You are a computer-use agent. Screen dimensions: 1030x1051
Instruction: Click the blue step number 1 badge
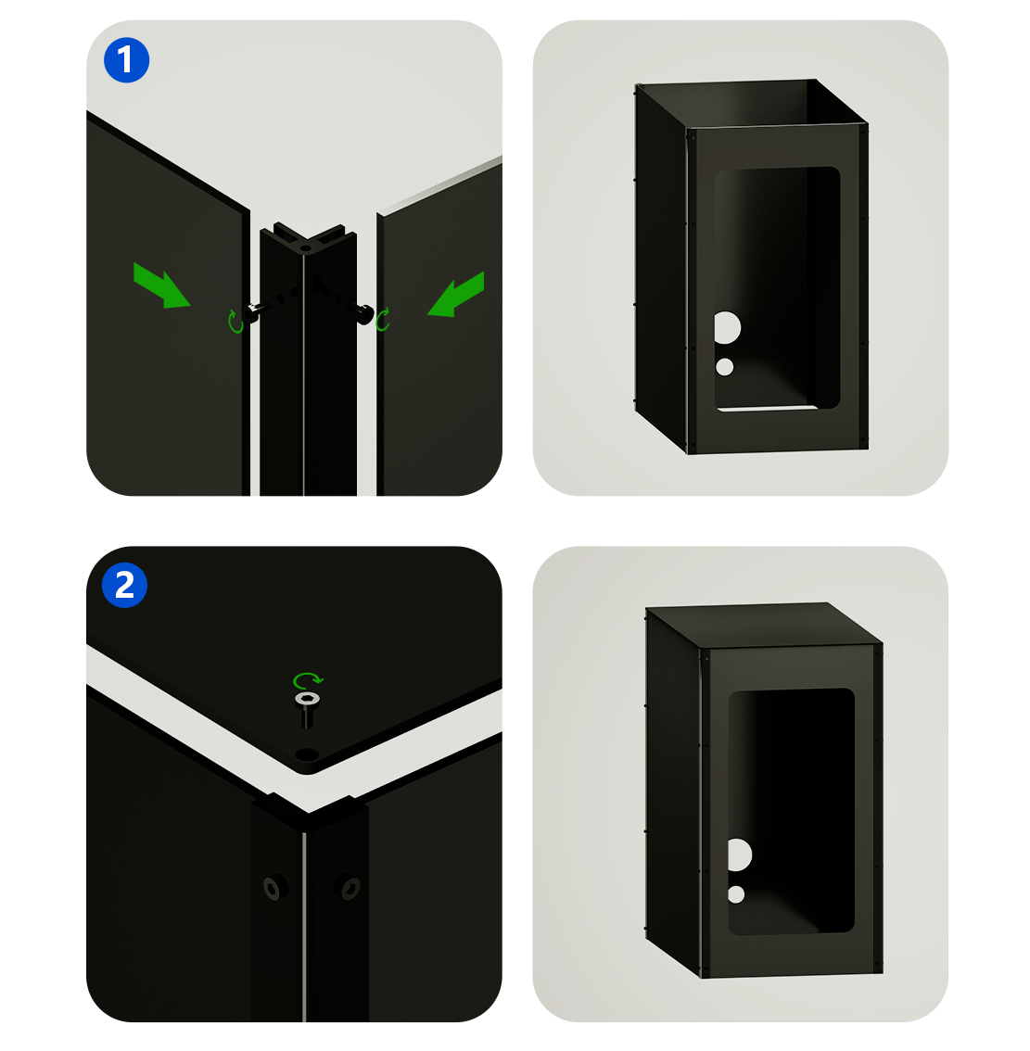tap(126, 60)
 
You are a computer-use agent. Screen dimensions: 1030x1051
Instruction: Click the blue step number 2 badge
tap(125, 585)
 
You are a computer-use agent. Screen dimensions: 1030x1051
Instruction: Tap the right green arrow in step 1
tap(457, 294)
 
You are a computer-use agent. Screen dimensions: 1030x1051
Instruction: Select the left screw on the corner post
tap(257, 311)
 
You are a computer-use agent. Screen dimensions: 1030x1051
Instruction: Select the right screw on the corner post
tap(361, 311)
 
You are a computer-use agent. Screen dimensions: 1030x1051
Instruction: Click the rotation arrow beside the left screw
tap(235, 322)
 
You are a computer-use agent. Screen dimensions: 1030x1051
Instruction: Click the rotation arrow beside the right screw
tap(383, 320)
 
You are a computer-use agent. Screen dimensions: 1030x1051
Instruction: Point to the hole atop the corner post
tap(305, 248)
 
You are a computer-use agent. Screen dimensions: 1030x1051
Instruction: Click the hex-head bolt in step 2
tap(307, 710)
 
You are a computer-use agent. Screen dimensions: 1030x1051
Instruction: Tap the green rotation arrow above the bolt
tap(309, 680)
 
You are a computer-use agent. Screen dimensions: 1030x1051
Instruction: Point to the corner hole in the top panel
tap(307, 754)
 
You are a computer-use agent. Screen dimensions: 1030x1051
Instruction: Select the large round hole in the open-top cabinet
tap(727, 328)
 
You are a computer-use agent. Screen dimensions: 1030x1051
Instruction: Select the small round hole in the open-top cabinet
tap(724, 367)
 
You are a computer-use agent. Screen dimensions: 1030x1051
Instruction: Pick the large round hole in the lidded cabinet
tap(739, 855)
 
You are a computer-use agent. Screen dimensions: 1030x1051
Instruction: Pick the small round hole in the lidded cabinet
tap(736, 894)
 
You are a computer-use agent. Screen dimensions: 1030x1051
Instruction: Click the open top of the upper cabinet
tap(751, 103)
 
